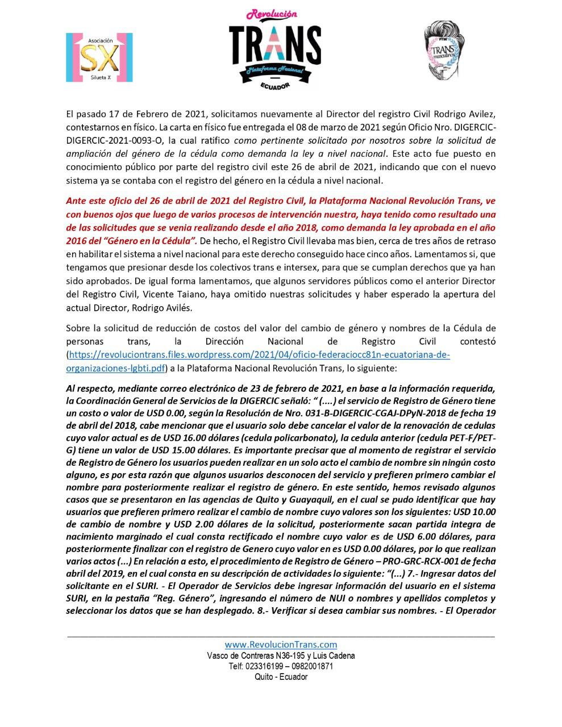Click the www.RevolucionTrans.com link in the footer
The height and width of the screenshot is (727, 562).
tap(281, 644)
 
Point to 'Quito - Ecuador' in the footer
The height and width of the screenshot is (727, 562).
tap(281, 677)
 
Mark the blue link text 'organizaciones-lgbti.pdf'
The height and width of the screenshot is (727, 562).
tap(116, 369)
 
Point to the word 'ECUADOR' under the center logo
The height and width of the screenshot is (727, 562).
tap(275, 85)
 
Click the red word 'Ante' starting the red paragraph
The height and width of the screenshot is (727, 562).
tap(76, 200)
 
